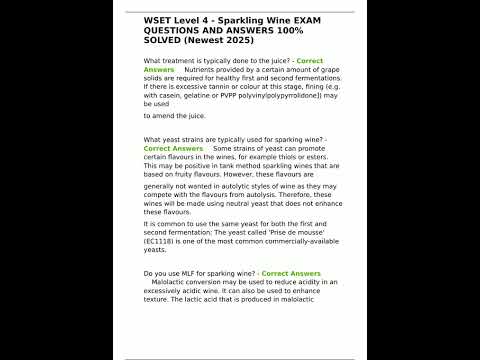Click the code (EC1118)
coord(166,242)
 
